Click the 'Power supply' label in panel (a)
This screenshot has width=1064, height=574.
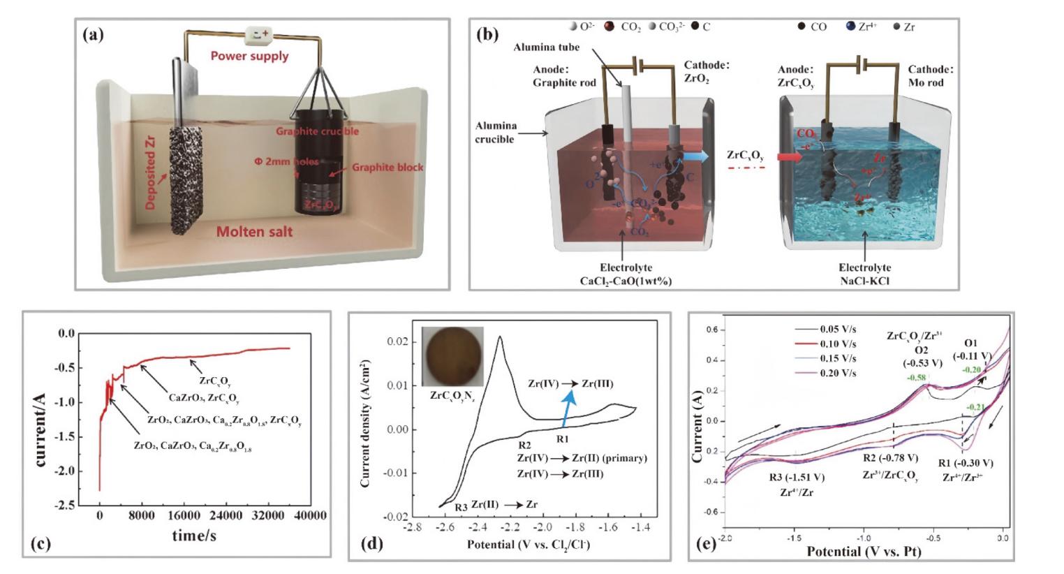coord(249,56)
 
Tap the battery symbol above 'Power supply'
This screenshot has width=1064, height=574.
coord(260,33)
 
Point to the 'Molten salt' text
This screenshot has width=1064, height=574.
coord(254,231)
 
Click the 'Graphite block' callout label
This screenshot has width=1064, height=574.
coord(387,167)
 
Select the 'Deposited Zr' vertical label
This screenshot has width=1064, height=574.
coord(152,173)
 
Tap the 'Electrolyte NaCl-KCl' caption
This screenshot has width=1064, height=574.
coord(864,274)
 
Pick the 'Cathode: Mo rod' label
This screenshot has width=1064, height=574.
coord(930,75)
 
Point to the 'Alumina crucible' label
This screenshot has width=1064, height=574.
coord(496,132)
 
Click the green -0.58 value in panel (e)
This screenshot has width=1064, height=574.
coord(917,378)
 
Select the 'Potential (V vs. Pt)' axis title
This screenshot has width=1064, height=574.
coord(864,551)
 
